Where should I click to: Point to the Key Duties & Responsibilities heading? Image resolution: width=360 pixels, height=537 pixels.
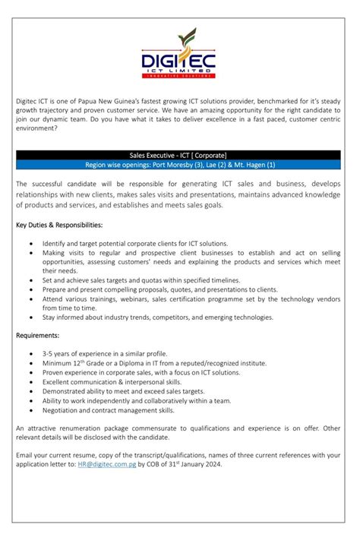pyautogui.click(x=58, y=226)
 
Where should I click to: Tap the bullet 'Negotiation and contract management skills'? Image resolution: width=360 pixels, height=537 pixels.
pyautogui.click(x=108, y=410)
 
